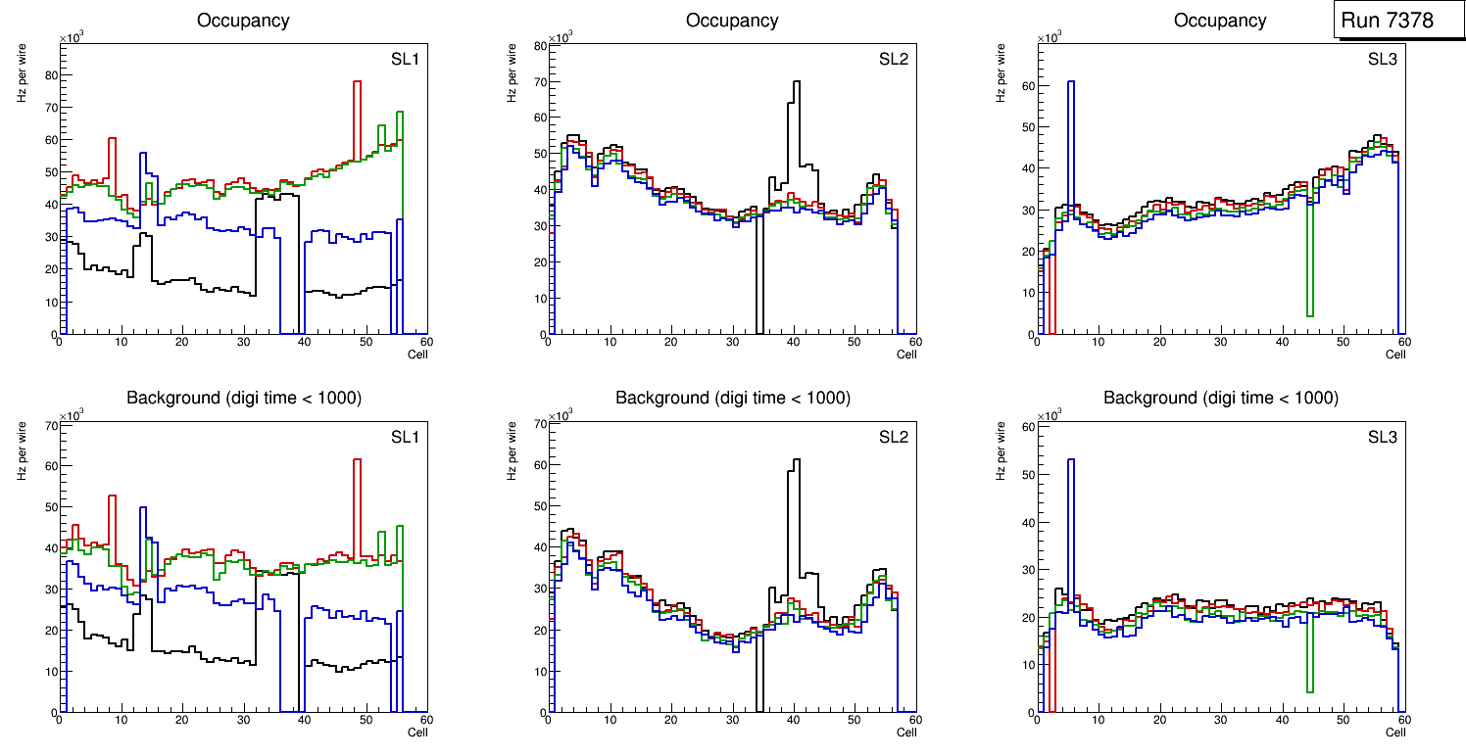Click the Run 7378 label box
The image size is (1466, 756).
coord(1388,21)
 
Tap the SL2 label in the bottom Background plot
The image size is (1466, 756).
coord(894,437)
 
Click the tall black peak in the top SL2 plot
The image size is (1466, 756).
coord(796,83)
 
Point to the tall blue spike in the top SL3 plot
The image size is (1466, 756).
coord(1071,84)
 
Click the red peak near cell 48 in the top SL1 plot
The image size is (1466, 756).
coord(357,83)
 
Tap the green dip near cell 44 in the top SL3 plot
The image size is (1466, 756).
coord(1309,313)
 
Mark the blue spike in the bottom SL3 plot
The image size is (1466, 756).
coord(1071,461)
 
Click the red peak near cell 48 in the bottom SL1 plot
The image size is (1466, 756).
coord(357,461)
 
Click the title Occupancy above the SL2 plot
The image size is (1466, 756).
coord(732,21)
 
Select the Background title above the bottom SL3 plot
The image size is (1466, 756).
coord(1220,399)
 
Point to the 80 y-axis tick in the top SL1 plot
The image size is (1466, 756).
coord(50,74)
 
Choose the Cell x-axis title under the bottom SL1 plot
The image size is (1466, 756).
coord(417,732)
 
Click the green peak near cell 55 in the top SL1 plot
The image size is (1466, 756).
coord(400,114)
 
